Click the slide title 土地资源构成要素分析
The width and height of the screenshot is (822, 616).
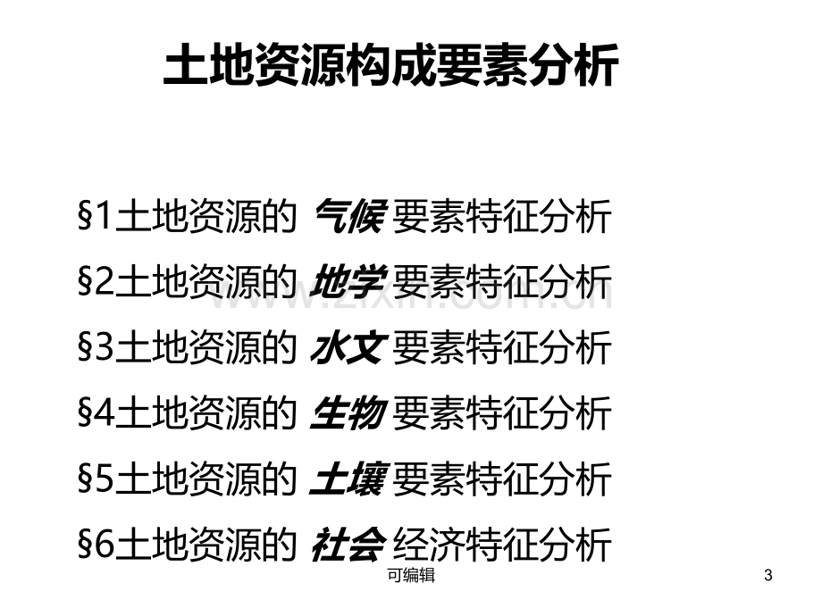tap(391, 65)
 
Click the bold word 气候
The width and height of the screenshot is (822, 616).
tap(350, 215)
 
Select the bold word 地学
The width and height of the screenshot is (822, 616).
tap(349, 281)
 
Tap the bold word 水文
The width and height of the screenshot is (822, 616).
tap(349, 347)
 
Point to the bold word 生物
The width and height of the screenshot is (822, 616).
tap(349, 413)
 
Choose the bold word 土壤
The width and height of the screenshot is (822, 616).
tap(349, 479)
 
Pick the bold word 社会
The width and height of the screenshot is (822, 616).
tap(349, 545)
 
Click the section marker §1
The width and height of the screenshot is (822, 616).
tap(95, 215)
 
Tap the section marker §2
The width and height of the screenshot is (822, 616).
tap(95, 281)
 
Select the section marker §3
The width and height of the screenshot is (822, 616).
tap(95, 347)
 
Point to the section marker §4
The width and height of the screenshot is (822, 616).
tap(95, 413)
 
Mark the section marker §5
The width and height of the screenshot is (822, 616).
tap(95, 479)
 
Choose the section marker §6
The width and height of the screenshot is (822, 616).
tap(95, 545)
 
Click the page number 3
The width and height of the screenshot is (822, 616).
tap(768, 575)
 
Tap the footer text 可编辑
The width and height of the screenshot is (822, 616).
tap(411, 575)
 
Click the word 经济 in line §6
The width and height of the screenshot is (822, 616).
tap(429, 545)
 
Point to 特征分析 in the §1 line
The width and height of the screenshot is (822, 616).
tap(539, 215)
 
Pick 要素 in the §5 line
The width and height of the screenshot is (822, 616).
tap(429, 479)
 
